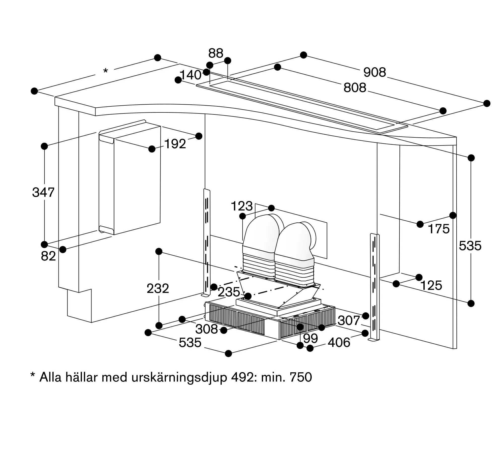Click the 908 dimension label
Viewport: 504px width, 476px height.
(375, 72)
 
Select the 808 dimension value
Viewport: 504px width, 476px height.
(355, 88)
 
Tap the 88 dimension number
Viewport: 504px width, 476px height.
(216, 53)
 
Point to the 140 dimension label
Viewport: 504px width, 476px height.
(190, 75)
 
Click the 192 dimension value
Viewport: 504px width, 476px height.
(175, 144)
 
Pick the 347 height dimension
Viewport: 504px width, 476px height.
(43, 192)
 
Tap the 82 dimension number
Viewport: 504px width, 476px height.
(48, 256)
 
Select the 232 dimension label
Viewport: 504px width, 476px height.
(158, 289)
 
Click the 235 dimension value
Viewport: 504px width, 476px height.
(229, 292)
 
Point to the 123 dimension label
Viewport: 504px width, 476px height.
(242, 206)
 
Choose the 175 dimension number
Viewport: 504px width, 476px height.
(439, 229)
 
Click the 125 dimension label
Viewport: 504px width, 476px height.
(431, 286)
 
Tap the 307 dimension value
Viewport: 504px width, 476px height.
(349, 321)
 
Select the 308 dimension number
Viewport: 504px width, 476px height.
(207, 329)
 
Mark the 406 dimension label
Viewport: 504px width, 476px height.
(339, 343)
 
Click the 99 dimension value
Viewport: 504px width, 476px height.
(310, 339)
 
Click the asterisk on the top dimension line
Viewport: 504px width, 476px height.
(106, 71)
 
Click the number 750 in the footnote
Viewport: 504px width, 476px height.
(301, 384)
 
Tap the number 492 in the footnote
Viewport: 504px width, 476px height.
(242, 384)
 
